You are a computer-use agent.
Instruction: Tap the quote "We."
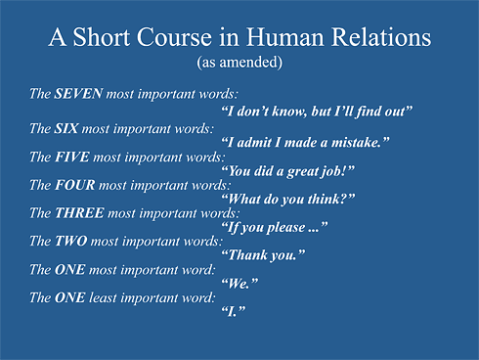click(240, 284)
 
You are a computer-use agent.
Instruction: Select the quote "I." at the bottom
click(234, 312)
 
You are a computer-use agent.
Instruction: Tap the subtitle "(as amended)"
click(239, 63)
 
